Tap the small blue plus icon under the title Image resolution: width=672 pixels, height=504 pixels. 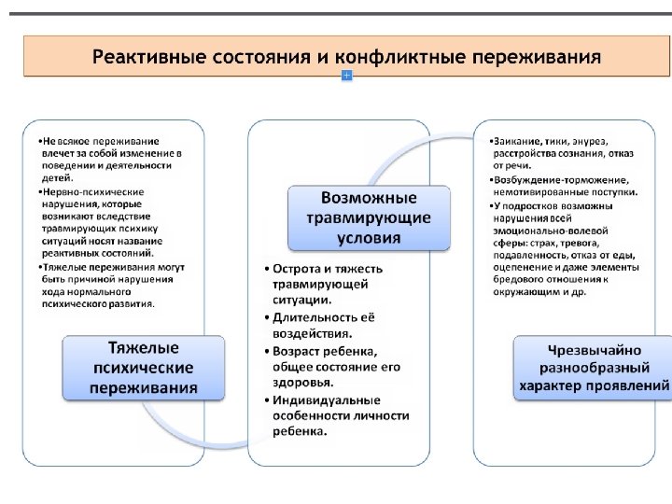click(346, 75)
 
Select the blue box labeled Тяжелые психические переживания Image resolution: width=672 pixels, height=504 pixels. click(144, 368)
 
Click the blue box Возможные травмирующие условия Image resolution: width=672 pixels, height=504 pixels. click(368, 217)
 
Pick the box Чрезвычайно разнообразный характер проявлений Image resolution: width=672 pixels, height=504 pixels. click(594, 368)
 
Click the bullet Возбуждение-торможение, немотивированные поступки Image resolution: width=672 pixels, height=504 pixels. click(560, 185)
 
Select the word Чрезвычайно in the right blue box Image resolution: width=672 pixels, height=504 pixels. click(594, 351)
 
